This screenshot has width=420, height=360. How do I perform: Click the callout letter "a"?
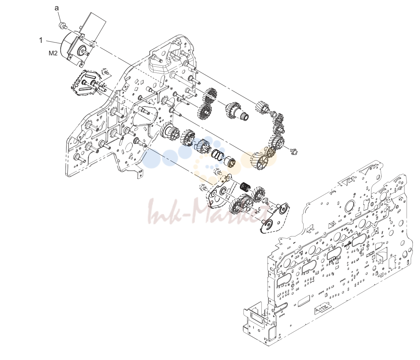tap(56, 8)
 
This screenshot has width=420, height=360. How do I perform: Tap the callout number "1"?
tap(41, 40)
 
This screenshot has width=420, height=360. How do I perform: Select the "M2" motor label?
tap(53, 53)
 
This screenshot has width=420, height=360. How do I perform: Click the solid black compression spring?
tap(245, 186)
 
